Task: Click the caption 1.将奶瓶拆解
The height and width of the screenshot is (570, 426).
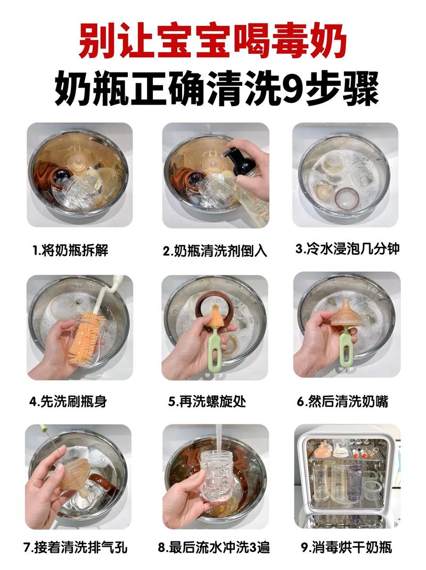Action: tap(70, 250)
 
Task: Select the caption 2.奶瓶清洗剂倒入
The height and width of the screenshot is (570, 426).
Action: tap(215, 251)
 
